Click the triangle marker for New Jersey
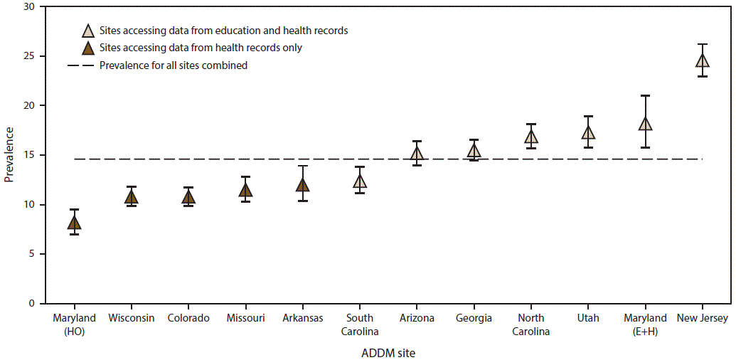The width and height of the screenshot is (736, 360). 702,60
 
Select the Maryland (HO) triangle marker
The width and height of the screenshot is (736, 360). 74,223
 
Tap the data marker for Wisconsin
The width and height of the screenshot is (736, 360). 132,197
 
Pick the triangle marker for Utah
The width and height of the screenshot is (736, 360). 588,132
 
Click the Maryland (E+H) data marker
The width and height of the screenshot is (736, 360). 645,124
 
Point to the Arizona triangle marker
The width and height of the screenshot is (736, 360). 417,154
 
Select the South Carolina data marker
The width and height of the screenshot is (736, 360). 360,181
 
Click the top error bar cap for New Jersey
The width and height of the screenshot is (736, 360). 702,44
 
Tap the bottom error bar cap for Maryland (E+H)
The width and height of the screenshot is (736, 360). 645,147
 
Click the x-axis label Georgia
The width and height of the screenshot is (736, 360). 474,318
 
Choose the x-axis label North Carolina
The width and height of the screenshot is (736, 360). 531,324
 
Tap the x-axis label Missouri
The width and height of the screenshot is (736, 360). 245,318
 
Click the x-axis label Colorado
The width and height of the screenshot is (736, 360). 188,318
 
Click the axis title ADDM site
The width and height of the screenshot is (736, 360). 388,351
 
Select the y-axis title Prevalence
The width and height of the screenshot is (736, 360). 9,154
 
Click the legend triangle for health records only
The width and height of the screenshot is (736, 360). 88,48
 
